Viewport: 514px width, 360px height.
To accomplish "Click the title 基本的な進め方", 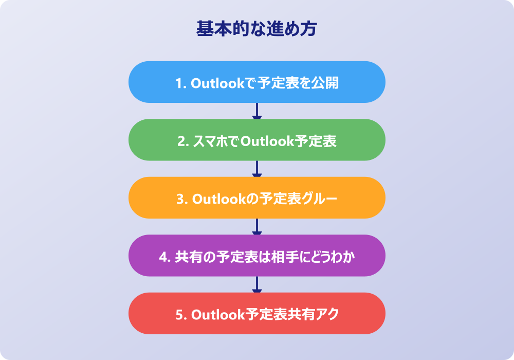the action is (x=256, y=28).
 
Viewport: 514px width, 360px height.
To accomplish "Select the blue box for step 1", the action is (x=256, y=82).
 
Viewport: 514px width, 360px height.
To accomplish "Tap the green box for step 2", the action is (x=256, y=140).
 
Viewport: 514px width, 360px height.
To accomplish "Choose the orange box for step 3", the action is (x=256, y=197).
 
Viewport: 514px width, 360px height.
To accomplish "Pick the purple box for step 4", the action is (x=256, y=256).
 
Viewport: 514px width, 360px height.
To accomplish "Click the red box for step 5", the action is (x=256, y=313).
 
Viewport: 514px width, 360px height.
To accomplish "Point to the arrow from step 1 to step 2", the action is (x=256, y=111).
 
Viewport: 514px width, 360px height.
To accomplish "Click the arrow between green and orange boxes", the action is (x=256, y=169).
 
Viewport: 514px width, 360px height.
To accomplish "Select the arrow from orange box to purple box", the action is (x=256, y=227).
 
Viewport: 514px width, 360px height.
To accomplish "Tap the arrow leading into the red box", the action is (x=256, y=284).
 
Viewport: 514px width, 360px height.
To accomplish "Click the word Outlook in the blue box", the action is (x=217, y=83).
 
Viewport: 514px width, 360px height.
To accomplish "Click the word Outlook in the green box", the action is (x=267, y=141).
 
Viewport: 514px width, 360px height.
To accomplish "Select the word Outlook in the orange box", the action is (x=219, y=199).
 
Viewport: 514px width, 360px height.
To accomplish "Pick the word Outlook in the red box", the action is (x=218, y=315).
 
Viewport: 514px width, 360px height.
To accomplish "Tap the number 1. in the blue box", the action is (x=181, y=83).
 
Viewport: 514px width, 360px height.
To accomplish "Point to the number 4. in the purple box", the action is (x=165, y=257).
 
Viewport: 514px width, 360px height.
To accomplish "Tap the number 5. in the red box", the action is (x=181, y=315).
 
